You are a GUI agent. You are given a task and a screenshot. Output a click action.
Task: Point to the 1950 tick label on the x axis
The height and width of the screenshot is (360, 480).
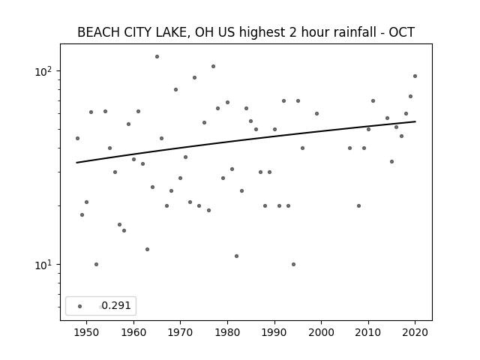click(x=87, y=332)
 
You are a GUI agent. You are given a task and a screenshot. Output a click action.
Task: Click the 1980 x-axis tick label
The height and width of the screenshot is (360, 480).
click(x=227, y=332)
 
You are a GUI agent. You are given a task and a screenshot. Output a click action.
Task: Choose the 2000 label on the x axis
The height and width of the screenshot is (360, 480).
click(x=322, y=332)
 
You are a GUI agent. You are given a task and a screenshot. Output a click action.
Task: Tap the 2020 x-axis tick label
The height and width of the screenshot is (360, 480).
click(x=415, y=332)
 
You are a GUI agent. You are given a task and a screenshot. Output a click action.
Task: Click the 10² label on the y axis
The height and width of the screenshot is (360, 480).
click(x=43, y=71)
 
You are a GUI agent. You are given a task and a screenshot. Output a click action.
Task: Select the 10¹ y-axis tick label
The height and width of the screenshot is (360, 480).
click(x=43, y=265)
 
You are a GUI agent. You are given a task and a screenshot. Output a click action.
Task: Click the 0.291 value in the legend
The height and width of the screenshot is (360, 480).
click(x=116, y=305)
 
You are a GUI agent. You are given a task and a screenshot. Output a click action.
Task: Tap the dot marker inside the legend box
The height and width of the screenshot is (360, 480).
click(x=80, y=306)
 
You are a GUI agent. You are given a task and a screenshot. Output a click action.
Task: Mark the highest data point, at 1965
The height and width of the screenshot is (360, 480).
click(x=157, y=57)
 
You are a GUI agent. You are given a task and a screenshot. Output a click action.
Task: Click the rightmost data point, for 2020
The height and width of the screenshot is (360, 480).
click(x=415, y=76)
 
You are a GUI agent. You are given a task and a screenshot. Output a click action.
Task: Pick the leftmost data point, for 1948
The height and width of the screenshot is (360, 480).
click(x=77, y=138)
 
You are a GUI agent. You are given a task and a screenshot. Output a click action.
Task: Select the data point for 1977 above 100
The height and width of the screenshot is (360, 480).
click(x=213, y=67)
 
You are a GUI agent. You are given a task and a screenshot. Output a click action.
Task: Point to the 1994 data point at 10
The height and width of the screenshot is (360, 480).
click(x=293, y=265)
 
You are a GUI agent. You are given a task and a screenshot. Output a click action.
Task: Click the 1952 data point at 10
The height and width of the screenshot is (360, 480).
click(x=97, y=265)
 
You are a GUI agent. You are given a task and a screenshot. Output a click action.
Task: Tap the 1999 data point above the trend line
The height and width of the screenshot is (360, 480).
click(x=316, y=113)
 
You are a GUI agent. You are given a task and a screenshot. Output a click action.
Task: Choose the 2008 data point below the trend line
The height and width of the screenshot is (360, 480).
click(x=358, y=206)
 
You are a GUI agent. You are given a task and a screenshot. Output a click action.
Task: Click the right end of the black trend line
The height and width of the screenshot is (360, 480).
click(x=415, y=121)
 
